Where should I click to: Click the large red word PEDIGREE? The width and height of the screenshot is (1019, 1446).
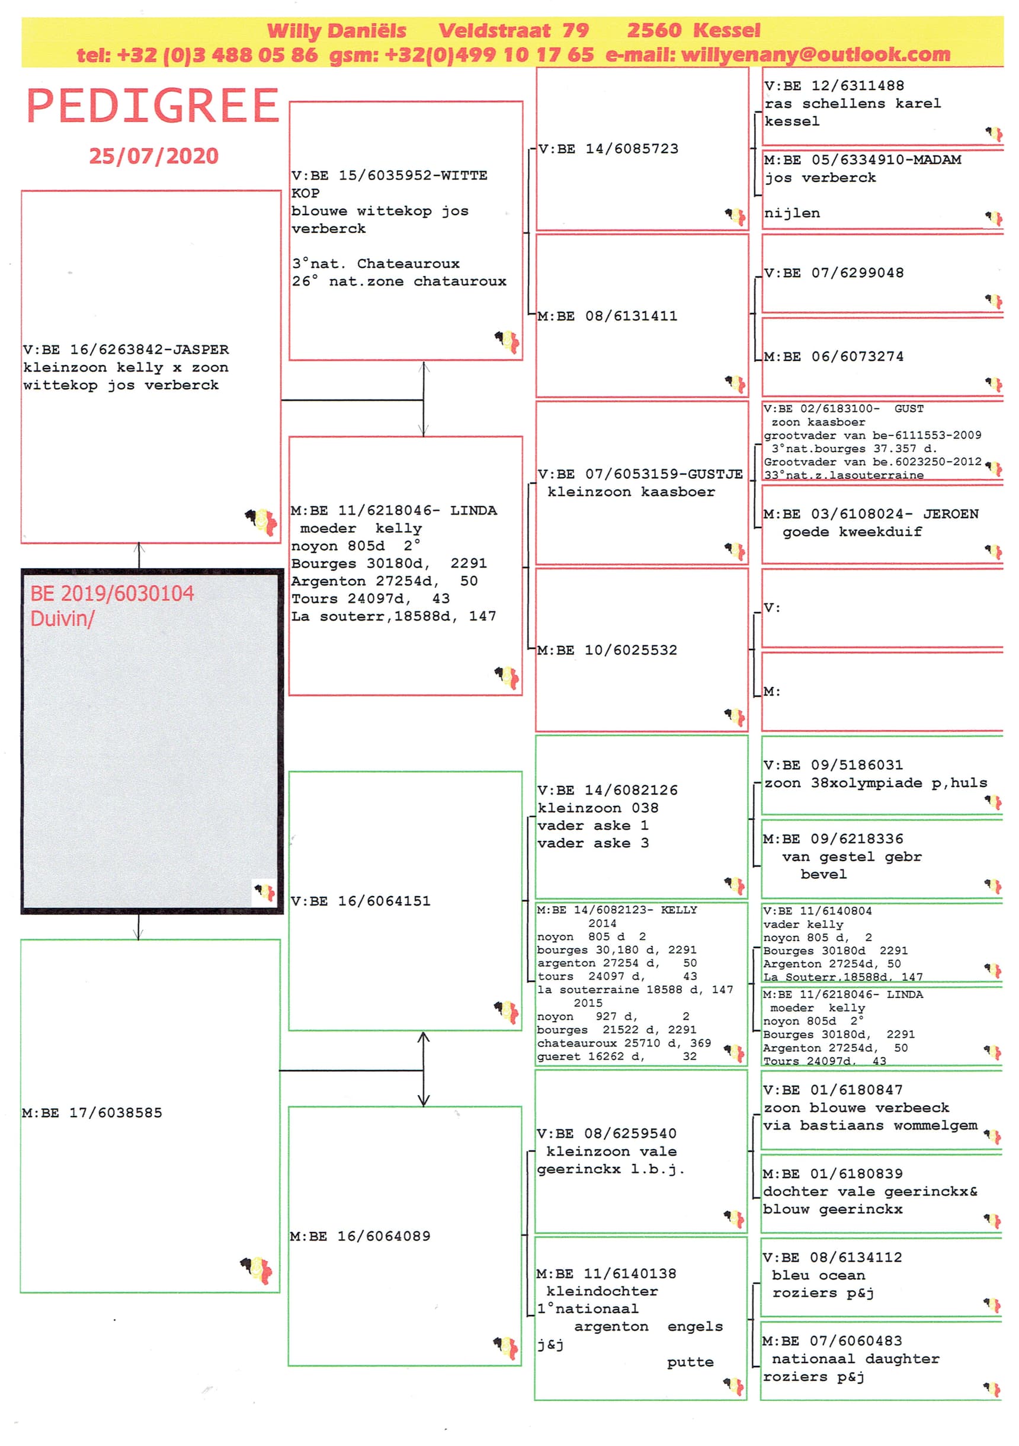[x=152, y=106]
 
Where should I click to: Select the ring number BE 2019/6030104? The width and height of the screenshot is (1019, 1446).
[x=112, y=594]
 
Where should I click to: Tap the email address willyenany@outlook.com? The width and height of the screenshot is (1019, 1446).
[x=815, y=55]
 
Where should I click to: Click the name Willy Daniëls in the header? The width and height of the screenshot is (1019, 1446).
[x=337, y=31]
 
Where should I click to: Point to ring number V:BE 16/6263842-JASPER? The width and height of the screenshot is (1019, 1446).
[x=126, y=350]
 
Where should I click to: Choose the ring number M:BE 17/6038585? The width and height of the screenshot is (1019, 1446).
[x=92, y=1113]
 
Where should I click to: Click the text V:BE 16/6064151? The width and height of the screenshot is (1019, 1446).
[x=360, y=901]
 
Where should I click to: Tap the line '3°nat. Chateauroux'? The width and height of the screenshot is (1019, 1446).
[x=376, y=264]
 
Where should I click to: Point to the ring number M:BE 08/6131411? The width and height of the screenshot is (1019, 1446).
[x=607, y=316]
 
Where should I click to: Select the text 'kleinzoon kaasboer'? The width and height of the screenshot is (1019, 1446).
[x=631, y=492]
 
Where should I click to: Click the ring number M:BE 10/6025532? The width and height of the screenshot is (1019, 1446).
[x=607, y=651]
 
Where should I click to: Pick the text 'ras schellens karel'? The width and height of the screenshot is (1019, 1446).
[x=852, y=104]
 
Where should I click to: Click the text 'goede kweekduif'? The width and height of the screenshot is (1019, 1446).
[x=851, y=532]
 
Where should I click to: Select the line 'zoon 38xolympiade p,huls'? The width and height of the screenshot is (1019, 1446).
[x=875, y=783]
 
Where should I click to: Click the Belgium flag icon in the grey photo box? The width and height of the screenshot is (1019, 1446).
[x=264, y=892]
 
